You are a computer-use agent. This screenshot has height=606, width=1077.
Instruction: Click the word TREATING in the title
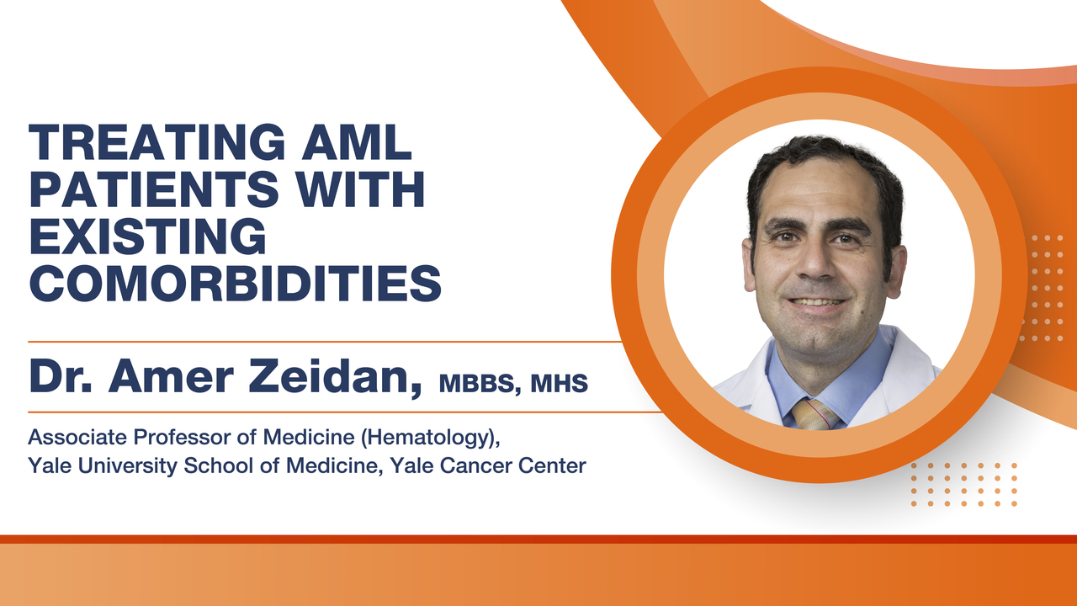tap(157, 142)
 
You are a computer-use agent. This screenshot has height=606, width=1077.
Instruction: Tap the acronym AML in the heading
tap(357, 142)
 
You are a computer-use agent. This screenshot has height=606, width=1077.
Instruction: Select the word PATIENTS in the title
tap(154, 189)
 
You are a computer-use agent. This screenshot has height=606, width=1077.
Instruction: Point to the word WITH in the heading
tap(359, 189)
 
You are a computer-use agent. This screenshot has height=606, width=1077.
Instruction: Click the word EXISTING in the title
tap(147, 236)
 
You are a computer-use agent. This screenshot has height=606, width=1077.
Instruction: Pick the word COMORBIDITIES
tap(235, 283)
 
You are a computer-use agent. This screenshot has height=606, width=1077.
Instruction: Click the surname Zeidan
tap(335, 376)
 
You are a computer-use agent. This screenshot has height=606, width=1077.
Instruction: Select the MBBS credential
tap(480, 384)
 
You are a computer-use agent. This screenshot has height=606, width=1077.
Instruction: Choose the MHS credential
tap(560, 383)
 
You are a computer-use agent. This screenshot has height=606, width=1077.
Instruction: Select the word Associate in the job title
tap(77, 437)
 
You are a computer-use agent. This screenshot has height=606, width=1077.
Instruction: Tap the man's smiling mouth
tap(817, 303)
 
